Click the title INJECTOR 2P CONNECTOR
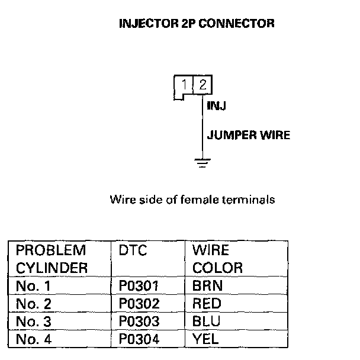pos(197,24)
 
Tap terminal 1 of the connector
pos(186,85)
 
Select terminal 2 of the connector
pos(202,85)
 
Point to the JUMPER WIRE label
pos(249,135)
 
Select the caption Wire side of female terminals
pos(192,200)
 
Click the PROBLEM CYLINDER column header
pos(52,259)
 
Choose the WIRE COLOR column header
pos(217,259)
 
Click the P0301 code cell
pos(139,286)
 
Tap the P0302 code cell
pos(139,304)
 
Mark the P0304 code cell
pos(139,339)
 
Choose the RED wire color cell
pos(207,304)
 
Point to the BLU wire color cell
pos(206,322)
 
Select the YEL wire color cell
pos(205,339)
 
